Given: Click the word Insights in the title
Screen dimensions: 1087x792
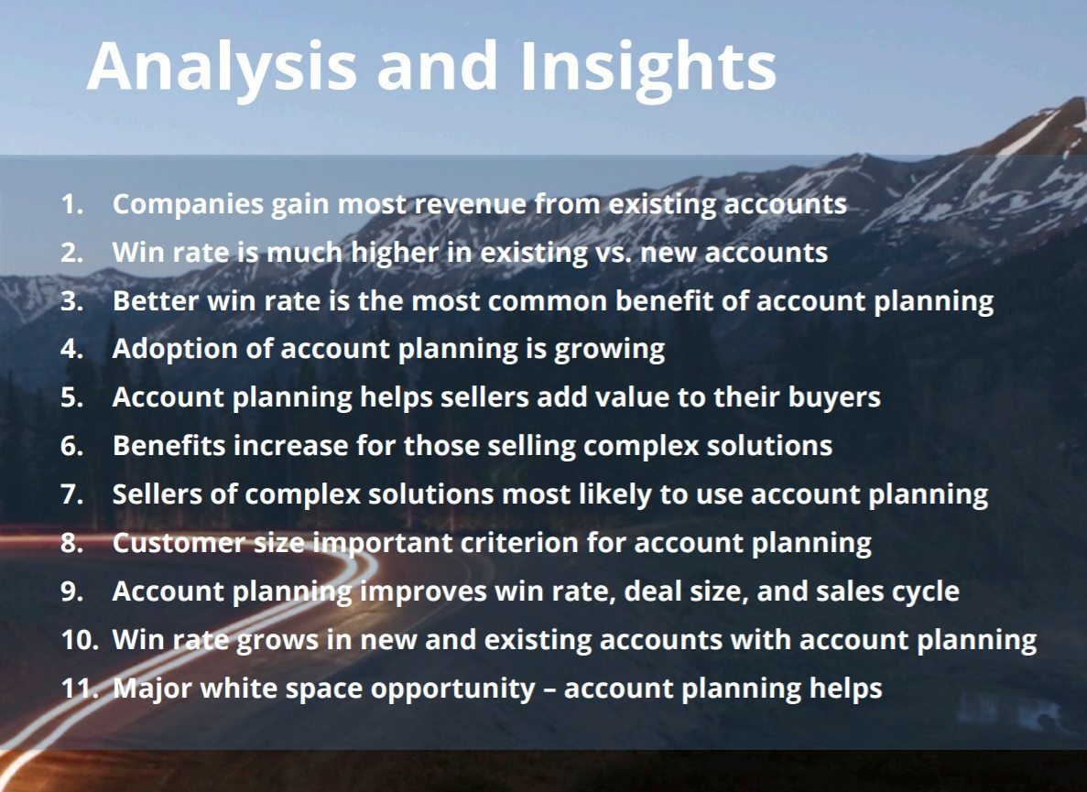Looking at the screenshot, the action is coord(647,68).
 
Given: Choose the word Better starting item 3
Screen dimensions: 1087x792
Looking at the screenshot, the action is coord(156,301).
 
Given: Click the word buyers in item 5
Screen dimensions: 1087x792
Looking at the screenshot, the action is coord(834,398).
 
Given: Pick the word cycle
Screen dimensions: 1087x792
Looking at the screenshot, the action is coord(926,592).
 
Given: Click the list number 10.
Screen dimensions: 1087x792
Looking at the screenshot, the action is coord(80,640).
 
